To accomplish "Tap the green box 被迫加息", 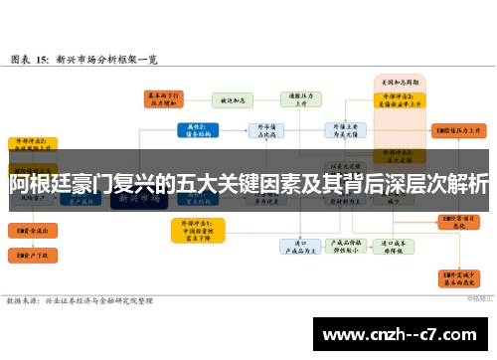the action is click(233, 99).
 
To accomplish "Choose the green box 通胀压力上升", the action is click(299, 99).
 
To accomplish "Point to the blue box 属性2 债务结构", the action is click(196, 129).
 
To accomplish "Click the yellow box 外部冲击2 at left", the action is click(33, 145).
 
